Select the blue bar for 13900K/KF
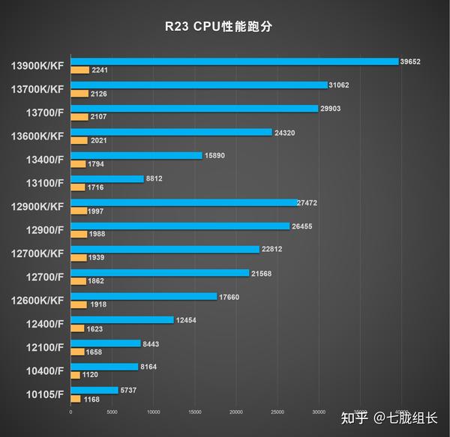pyautogui.click(x=234, y=61)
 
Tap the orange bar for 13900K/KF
pyautogui.click(x=79, y=70)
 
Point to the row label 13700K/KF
pyautogui.click(x=38, y=89)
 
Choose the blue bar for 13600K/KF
pyautogui.click(x=171, y=132)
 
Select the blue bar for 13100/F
pyautogui.click(x=106, y=178)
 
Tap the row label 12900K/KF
pyautogui.click(x=38, y=205)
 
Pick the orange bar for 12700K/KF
pyautogui.click(x=79, y=258)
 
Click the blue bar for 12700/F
pyautogui.click(x=160, y=273)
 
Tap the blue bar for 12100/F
pyautogui.click(x=105, y=343)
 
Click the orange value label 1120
pyautogui.click(x=90, y=376)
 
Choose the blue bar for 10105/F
pyautogui.click(x=94, y=390)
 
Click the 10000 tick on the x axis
pyautogui.click(x=153, y=412)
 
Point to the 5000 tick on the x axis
pyautogui.click(x=112, y=412)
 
